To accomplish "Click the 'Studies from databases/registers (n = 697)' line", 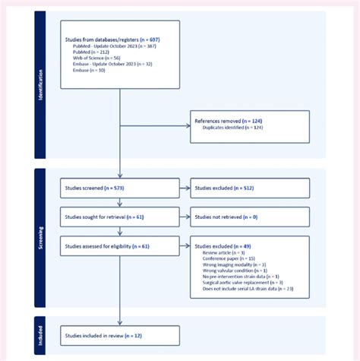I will [x=112, y=38].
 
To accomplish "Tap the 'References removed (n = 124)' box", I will [x=250, y=126].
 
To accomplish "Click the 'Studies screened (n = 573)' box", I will [x=120, y=188].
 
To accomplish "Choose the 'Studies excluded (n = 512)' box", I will [x=250, y=188].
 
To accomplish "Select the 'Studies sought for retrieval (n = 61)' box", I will [x=120, y=217].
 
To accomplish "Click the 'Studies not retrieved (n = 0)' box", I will [x=250, y=217].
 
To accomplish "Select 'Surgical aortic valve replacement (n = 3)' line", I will [x=242, y=282].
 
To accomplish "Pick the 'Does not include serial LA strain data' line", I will [x=248, y=289].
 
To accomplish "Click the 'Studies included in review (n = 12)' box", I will [x=120, y=335].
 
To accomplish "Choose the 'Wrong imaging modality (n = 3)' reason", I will [x=234, y=264].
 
